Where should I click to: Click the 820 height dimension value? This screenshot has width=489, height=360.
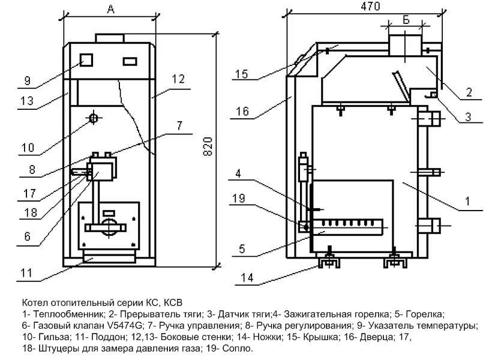[x=208, y=146]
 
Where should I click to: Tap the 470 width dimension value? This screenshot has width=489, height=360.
[x=370, y=6]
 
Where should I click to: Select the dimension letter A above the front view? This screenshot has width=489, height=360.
[x=111, y=10]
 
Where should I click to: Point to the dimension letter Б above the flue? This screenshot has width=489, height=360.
[x=406, y=19]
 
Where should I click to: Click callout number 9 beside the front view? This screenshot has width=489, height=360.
[x=28, y=80]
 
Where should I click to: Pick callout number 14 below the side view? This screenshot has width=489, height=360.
[x=247, y=277]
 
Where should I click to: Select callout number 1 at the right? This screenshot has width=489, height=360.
[x=467, y=201]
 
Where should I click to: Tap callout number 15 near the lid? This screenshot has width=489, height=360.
[x=241, y=74]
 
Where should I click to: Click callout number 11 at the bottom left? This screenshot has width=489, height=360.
[x=26, y=273]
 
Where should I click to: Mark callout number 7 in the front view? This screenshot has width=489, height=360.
[x=179, y=125]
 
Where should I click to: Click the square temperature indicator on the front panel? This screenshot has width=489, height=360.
[x=86, y=60]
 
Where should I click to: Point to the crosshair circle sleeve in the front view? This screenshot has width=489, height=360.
[x=94, y=118]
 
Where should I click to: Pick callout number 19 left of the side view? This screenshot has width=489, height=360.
[x=239, y=198]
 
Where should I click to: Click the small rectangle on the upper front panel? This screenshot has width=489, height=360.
[x=130, y=61]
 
